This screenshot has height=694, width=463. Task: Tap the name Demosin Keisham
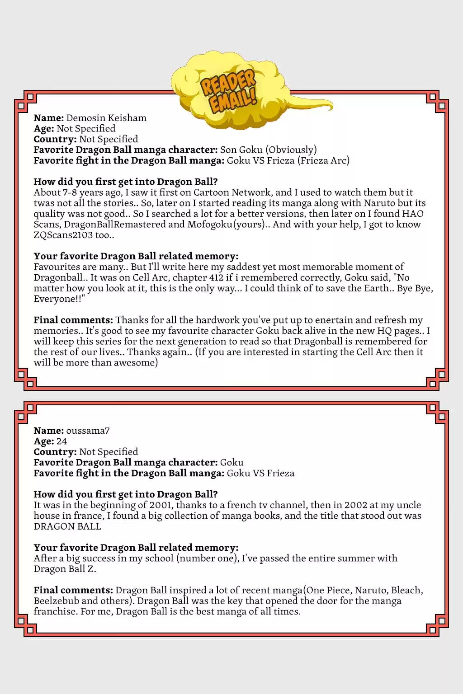click(x=106, y=118)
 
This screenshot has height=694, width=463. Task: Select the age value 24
click(x=61, y=441)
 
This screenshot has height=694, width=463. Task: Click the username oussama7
click(x=88, y=431)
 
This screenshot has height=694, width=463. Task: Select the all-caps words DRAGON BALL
click(x=67, y=526)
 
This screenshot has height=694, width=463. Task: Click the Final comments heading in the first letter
click(x=73, y=320)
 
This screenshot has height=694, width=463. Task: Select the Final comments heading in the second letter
click(x=73, y=590)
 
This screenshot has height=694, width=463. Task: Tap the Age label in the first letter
click(x=44, y=129)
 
